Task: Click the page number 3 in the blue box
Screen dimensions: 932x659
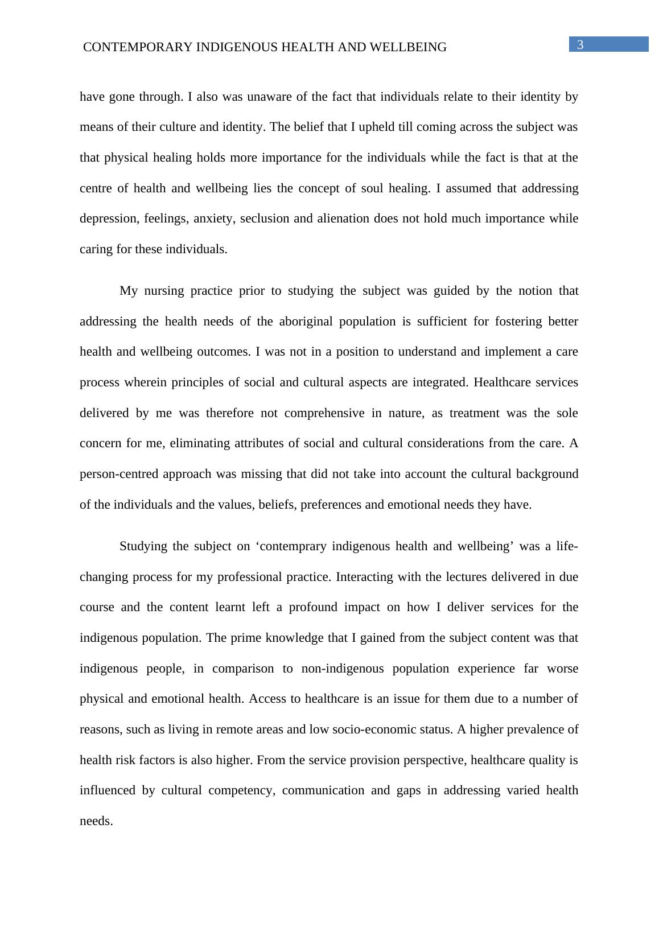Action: (580, 45)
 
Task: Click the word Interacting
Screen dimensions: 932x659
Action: (363, 577)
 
